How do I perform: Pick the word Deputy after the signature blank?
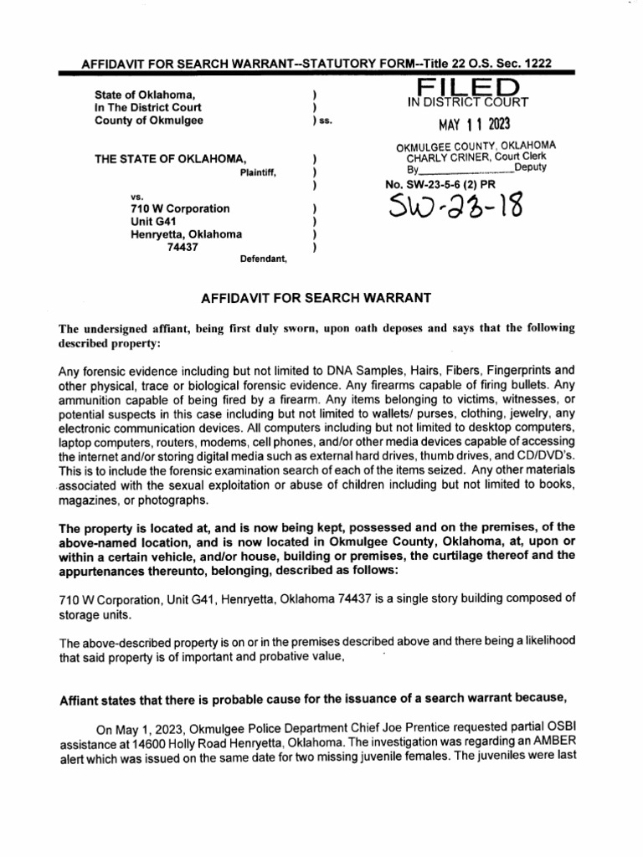tap(531, 168)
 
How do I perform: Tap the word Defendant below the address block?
tap(263, 259)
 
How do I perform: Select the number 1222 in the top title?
tap(534, 64)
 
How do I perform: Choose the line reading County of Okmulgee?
tap(148, 120)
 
